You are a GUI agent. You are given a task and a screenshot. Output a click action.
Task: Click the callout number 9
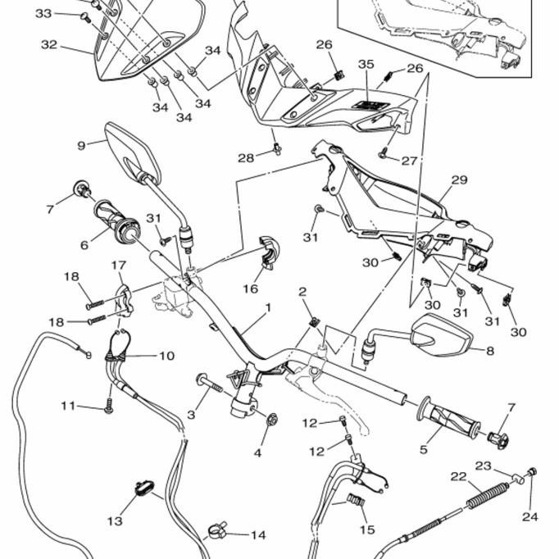pyautogui.click(x=81, y=146)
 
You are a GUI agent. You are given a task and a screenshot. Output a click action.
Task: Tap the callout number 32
pyautogui.click(x=49, y=45)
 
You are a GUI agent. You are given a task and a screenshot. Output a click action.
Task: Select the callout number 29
pyautogui.click(x=458, y=180)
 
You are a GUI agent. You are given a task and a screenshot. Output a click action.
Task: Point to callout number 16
pyautogui.click(x=251, y=289)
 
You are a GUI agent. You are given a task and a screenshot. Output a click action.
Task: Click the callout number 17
pyautogui.click(x=118, y=266)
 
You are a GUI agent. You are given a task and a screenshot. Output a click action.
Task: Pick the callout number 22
pyautogui.click(x=458, y=476)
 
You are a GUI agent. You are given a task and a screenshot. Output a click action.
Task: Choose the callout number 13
pyautogui.click(x=115, y=520)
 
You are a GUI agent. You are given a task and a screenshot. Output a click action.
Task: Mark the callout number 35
pyautogui.click(x=366, y=64)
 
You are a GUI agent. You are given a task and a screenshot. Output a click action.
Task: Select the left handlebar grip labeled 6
pyautogui.click(x=116, y=220)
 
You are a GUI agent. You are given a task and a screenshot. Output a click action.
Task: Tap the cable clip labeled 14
pyautogui.click(x=217, y=531)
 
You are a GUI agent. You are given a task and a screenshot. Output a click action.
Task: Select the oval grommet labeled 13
pyautogui.click(x=145, y=489)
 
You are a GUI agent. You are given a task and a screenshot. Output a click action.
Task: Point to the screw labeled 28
pyautogui.click(x=277, y=148)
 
